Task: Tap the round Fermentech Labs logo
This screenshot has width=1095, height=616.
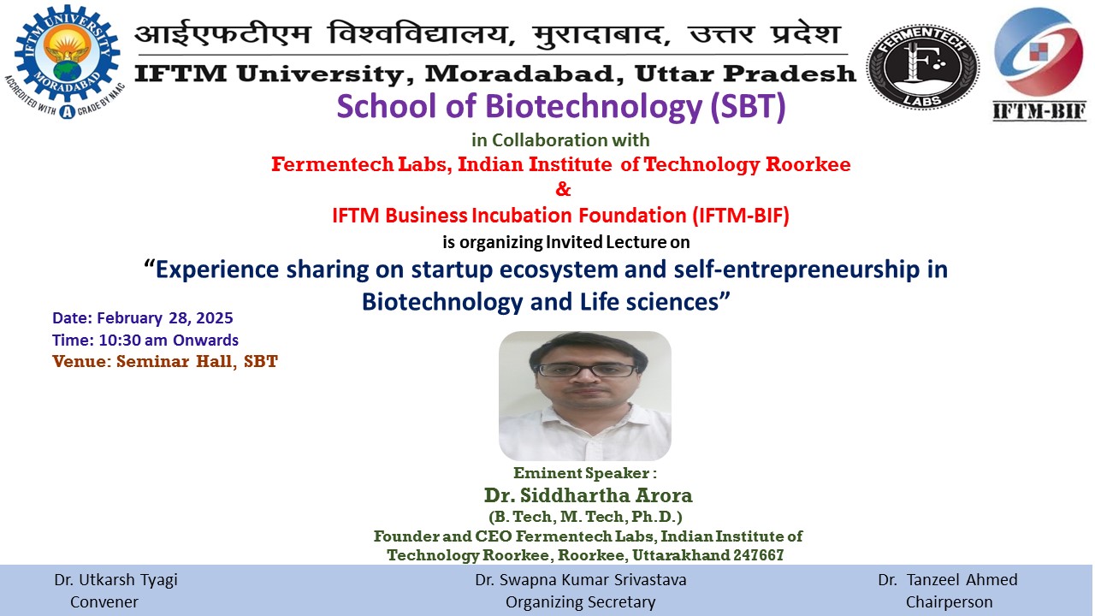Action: click(922, 67)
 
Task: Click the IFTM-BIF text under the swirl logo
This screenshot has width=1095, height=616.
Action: click(1039, 111)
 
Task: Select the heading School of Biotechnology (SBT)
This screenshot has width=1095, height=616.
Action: click(560, 107)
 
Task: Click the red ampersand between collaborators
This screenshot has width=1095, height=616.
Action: click(563, 189)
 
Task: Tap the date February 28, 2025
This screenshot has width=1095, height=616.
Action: click(165, 317)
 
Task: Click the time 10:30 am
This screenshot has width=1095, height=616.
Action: click(133, 340)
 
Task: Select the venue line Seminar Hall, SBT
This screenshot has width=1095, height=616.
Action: click(197, 362)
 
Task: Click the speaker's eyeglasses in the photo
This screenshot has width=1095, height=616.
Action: click(586, 370)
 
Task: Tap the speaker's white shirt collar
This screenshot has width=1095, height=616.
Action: click(584, 416)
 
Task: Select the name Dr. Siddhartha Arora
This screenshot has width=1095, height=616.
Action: click(588, 495)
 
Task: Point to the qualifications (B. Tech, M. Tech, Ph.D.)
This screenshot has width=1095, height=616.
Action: click(585, 516)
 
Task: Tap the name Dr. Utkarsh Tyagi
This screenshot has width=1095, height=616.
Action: click(115, 580)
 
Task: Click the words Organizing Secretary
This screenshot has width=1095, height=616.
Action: click(580, 601)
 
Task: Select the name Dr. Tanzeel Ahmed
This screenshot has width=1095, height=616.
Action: click(947, 580)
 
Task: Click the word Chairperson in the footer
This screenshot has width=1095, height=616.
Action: click(949, 601)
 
